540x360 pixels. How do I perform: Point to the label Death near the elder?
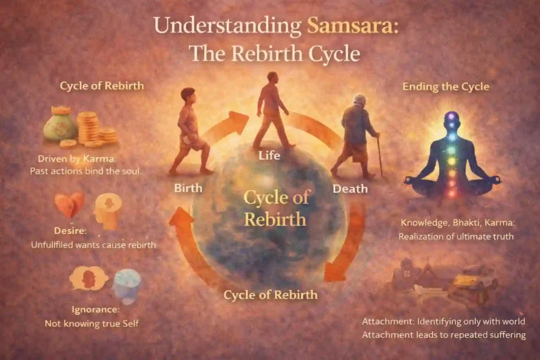(x=350, y=188)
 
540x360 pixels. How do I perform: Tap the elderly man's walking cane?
(x=379, y=157)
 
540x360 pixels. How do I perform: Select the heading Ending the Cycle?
(x=446, y=86)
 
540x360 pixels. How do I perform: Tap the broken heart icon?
(x=70, y=204)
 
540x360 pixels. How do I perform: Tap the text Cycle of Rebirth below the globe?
(x=271, y=295)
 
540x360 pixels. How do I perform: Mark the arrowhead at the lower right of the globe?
(x=334, y=272)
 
